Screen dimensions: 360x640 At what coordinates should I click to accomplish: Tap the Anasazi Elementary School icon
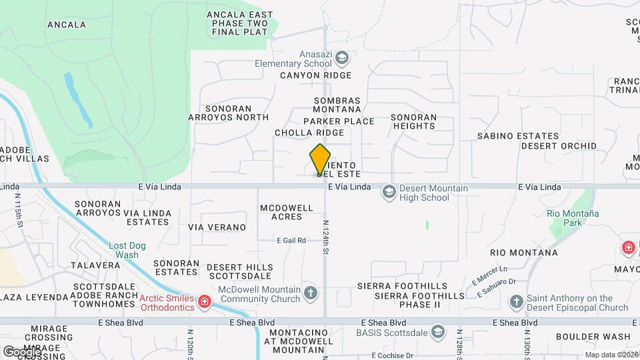click(342, 59)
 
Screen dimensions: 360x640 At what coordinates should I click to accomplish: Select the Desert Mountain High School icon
click(389, 193)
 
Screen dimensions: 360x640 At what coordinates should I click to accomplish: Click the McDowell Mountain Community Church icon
click(311, 293)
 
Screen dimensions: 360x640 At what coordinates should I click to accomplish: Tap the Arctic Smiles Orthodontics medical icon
click(205, 303)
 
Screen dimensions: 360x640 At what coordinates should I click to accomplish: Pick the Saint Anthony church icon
click(516, 303)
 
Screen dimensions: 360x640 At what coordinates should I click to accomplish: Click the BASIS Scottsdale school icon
click(437, 331)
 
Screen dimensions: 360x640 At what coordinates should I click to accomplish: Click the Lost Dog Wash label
click(124, 250)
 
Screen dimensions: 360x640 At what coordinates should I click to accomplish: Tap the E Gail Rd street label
click(292, 240)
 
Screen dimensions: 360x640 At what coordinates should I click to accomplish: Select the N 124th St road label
click(327, 237)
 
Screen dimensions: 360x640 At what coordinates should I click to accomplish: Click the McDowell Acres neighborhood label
click(286, 212)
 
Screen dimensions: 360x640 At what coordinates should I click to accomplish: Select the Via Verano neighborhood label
click(217, 227)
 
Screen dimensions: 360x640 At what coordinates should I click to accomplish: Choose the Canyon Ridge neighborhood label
click(315, 75)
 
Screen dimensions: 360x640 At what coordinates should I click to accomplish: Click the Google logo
click(22, 351)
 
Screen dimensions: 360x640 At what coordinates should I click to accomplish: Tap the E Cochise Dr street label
click(392, 355)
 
